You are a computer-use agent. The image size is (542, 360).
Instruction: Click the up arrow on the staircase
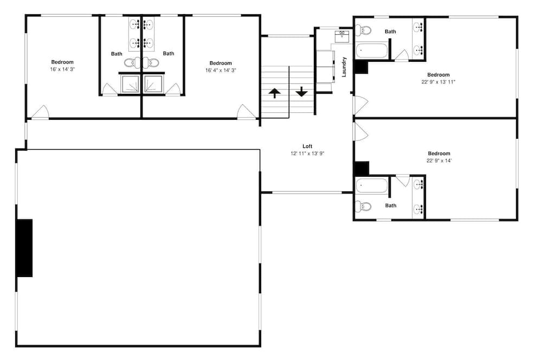pos(274,93)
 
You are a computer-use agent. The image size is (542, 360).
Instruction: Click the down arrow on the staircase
pos(302,92)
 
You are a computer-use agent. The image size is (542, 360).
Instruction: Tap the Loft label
pos(307,146)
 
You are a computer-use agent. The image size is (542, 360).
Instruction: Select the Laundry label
pos(344,67)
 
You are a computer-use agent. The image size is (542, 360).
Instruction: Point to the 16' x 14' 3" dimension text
pos(62,69)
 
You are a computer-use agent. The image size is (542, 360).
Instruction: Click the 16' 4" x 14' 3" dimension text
pos(221,70)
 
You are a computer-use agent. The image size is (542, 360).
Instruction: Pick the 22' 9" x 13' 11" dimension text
pos(438,82)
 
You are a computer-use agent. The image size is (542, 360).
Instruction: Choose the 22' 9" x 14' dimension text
pos(439,160)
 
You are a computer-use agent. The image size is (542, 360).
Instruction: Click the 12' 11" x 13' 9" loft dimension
pos(307,153)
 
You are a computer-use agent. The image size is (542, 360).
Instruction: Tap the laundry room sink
pos(342,36)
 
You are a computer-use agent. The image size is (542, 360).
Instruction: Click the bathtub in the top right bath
pos(371,51)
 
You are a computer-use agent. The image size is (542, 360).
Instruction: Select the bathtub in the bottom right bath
pos(371,186)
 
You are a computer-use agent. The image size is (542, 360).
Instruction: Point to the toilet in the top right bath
pos(363,30)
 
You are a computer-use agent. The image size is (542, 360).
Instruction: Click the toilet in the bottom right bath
pos(363,207)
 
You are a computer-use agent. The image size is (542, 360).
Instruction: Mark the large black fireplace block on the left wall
pos(25,248)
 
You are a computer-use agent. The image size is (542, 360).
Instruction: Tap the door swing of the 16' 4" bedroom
pos(246,111)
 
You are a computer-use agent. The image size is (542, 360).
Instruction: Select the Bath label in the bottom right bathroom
pos(391,205)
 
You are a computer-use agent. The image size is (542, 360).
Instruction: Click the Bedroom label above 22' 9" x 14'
pos(439,153)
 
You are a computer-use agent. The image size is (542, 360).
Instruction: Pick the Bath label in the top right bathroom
pos(390,31)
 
